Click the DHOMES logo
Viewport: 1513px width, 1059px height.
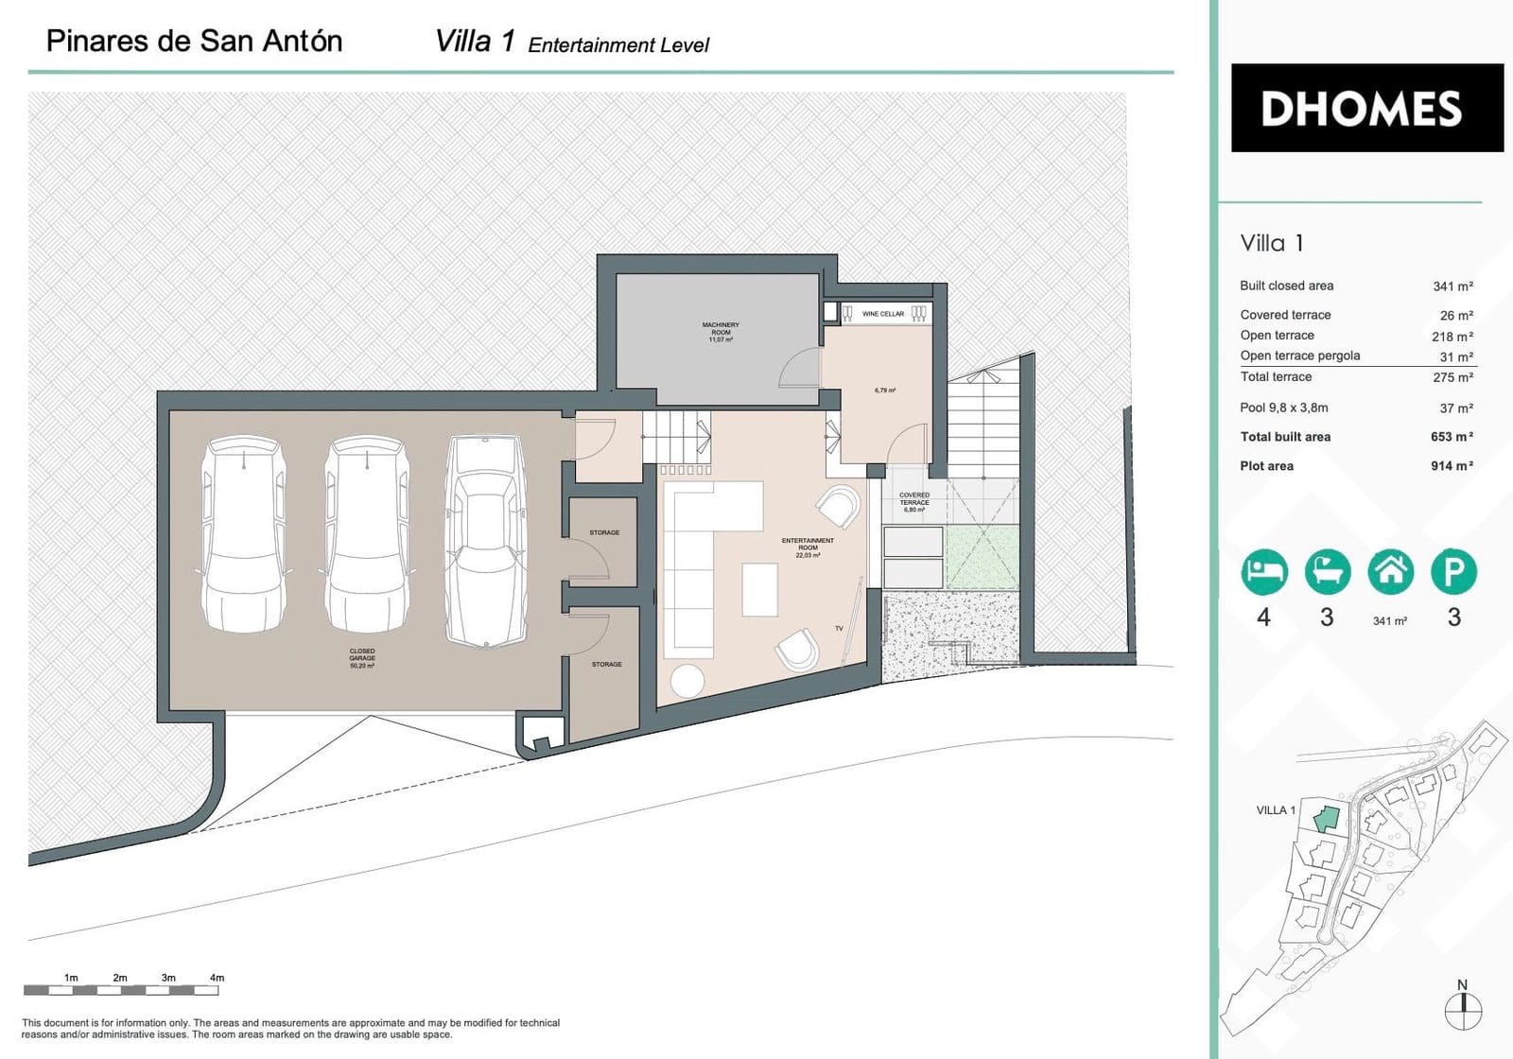click(1366, 108)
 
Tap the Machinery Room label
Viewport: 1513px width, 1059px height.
click(721, 329)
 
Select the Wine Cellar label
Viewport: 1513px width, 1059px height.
click(882, 314)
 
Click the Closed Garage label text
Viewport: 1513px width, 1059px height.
click(362, 655)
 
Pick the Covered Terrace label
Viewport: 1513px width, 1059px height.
click(914, 500)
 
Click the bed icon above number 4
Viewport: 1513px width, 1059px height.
click(1264, 571)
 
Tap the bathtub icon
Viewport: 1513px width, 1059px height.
click(1328, 571)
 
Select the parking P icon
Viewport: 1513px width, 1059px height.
click(1453, 571)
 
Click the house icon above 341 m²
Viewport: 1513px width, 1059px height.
click(1390, 571)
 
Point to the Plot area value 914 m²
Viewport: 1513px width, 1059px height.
click(1452, 466)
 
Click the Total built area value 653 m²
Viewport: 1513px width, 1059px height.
click(1452, 437)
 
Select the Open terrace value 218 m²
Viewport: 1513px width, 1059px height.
click(1452, 337)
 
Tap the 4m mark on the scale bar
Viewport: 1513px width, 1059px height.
click(217, 979)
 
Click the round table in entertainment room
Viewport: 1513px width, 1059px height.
click(687, 681)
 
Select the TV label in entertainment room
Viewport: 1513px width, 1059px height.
click(839, 629)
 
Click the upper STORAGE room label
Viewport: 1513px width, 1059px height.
click(604, 532)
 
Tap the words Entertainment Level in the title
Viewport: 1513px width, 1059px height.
click(618, 45)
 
